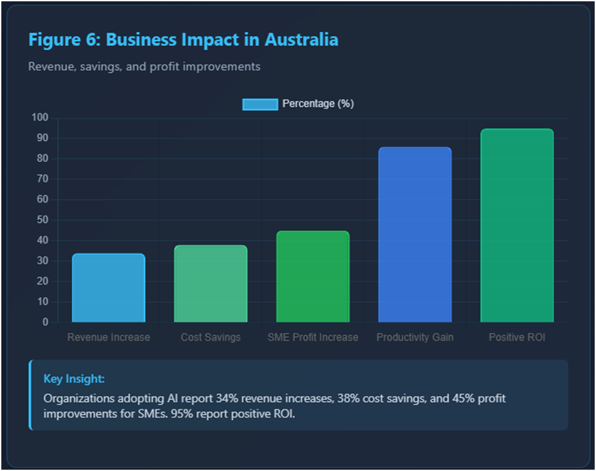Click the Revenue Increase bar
tap(108, 288)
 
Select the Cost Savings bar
tap(210, 284)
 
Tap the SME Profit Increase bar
tap(313, 277)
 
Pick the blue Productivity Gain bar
tap(415, 235)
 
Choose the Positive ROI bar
tap(517, 226)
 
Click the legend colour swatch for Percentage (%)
tap(260, 104)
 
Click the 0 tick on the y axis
tap(45, 322)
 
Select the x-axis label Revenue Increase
tap(108, 337)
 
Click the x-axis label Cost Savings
tap(210, 337)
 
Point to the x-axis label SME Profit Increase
tap(313, 337)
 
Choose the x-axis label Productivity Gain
tap(415, 337)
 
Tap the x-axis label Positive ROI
tap(517, 337)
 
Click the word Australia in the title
tap(302, 40)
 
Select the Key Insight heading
tap(74, 379)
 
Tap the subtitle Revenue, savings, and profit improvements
tap(144, 66)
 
